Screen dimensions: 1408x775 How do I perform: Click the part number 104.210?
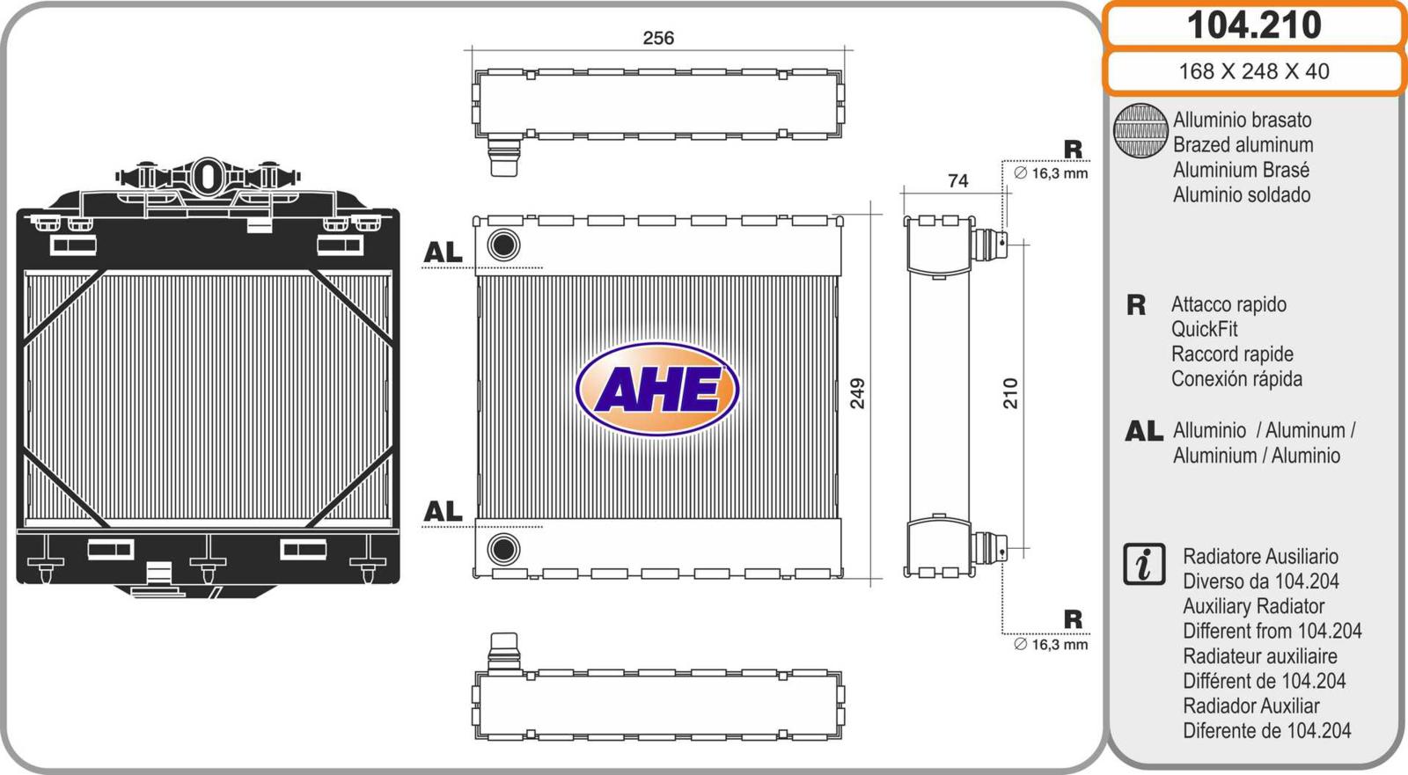(x=1254, y=26)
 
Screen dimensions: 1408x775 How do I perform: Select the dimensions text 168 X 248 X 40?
(x=1254, y=71)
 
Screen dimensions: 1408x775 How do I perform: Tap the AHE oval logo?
(x=656, y=390)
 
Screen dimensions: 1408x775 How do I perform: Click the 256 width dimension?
(x=658, y=39)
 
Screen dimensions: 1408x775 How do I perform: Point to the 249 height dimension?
(x=857, y=393)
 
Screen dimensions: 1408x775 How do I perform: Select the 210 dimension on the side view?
(x=1010, y=393)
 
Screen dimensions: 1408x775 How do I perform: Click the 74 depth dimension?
(x=958, y=181)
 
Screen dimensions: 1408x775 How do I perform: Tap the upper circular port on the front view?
(x=503, y=245)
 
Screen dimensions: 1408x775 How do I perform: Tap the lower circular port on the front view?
(x=503, y=549)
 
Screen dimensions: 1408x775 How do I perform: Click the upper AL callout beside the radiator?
(x=444, y=252)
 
